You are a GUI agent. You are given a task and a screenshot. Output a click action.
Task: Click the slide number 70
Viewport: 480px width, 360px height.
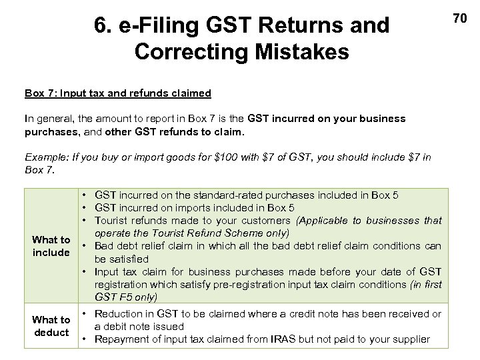click(x=459, y=18)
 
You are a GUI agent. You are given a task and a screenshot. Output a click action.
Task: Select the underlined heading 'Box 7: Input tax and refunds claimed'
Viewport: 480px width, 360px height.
click(x=118, y=93)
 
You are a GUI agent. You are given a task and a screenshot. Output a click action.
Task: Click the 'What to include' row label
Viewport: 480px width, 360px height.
click(x=51, y=246)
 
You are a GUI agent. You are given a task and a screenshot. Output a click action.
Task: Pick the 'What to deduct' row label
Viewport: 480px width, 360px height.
click(x=51, y=326)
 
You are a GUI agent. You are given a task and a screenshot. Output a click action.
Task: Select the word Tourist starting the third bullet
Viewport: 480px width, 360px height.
click(x=115, y=221)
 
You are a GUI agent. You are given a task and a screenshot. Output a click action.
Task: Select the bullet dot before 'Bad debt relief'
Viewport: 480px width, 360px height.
click(x=87, y=246)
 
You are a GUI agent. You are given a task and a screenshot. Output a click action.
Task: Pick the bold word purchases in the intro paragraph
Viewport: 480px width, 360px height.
click(x=49, y=131)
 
